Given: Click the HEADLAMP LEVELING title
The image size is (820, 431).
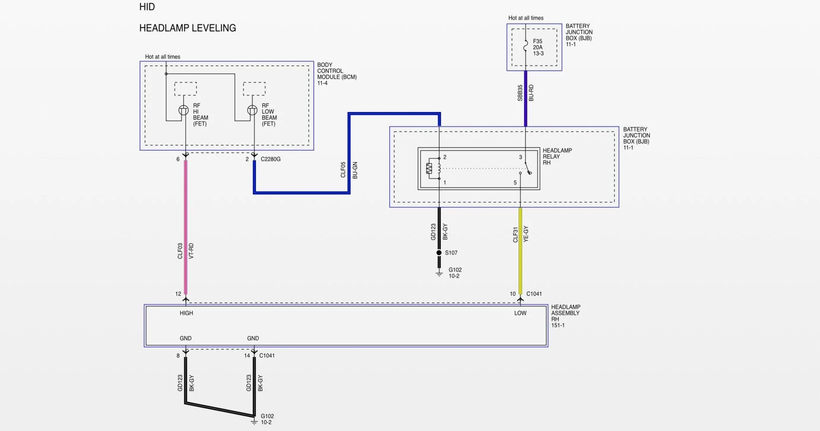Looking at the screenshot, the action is [187, 28].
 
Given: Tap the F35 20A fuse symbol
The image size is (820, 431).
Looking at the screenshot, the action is [525, 46].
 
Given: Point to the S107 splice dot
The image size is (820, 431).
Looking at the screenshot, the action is [439, 253].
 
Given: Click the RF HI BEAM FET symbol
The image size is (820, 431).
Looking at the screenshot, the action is [183, 110].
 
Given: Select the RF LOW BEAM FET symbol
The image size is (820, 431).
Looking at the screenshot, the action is [252, 110].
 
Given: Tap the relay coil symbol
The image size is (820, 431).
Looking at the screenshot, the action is [433, 169].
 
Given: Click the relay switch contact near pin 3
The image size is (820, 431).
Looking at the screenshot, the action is [528, 169].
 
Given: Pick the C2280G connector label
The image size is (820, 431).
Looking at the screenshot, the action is [271, 159].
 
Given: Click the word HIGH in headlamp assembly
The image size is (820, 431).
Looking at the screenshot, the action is [186, 313].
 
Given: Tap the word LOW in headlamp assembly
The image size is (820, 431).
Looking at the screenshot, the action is [520, 313].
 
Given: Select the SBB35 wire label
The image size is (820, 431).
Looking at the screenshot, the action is [520, 93].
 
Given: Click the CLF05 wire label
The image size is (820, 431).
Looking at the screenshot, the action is [343, 170].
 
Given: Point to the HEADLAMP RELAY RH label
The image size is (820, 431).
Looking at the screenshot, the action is [557, 156].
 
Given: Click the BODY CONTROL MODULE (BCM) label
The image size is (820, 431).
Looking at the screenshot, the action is [337, 74].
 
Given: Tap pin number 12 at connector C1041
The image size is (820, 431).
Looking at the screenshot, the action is [178, 294].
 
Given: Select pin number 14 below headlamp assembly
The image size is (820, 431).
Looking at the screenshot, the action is [247, 356].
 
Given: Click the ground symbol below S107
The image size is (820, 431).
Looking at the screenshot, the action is [439, 274].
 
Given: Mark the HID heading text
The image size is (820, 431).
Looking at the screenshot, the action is [147, 7].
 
